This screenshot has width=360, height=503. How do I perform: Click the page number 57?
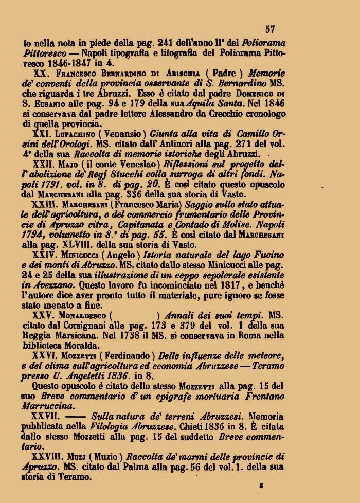click(x=271, y=30)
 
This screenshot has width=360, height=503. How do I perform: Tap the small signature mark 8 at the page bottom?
click(x=262, y=484)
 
